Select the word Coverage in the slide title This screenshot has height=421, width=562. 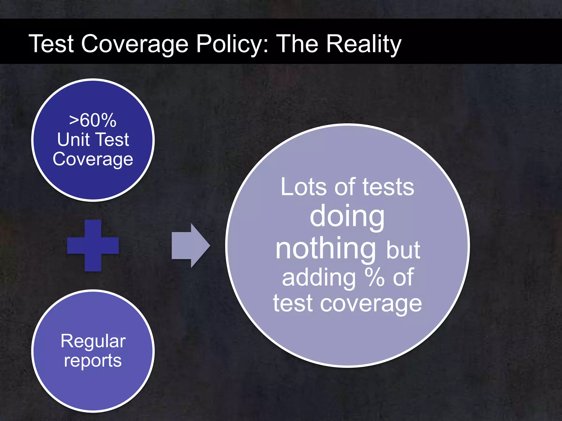pos(134,44)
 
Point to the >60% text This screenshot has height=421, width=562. pos(93,120)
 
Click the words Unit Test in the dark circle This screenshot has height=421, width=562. pos(93,140)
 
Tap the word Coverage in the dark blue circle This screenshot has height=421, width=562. pos(93,159)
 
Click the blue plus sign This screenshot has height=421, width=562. pos(93,245)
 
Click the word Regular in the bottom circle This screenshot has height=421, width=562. pos(93,341)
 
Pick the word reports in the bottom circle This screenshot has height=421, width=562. pos(93,361)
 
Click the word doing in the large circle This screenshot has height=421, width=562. pos(347,217)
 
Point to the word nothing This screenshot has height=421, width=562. pos(326,249)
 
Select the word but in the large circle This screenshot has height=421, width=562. pos(403,250)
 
